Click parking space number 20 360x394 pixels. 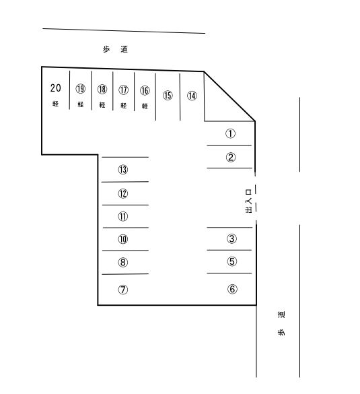coord(55,88)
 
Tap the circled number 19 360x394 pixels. coord(80,89)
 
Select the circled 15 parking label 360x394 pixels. coord(168,95)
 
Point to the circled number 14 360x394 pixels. coord(192,96)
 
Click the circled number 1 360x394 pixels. coord(230,133)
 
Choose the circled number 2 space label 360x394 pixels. coord(230,158)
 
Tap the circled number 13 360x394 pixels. coord(122,170)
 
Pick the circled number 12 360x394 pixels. coord(122,193)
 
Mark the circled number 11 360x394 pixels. coord(122,216)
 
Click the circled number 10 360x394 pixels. coord(122,239)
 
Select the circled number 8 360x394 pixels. coord(122,263)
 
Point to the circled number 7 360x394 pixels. coord(122,290)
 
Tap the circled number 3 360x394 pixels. coord(231,238)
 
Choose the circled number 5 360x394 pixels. coord(231,261)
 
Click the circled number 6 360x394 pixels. coord(232,289)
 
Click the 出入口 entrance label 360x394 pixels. coord(248,201)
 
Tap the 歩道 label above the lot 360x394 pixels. coord(115,49)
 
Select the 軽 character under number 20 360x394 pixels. coord(55,104)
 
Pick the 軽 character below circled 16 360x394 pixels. coord(145,106)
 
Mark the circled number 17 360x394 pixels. coord(123,90)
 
